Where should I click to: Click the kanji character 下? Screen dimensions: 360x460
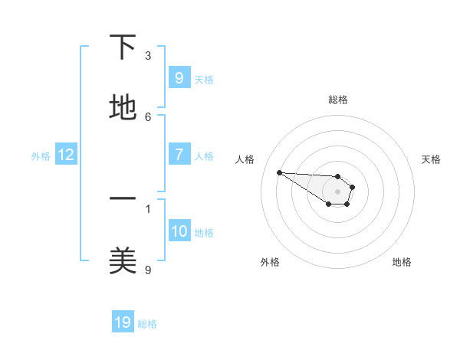click(x=123, y=48)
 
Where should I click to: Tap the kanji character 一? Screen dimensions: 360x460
click(x=123, y=198)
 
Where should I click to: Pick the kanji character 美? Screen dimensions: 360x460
click(x=123, y=260)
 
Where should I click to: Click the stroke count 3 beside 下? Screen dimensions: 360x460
click(x=148, y=55)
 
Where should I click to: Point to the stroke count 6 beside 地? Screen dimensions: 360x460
click(x=148, y=116)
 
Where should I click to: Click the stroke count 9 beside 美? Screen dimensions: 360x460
click(x=148, y=269)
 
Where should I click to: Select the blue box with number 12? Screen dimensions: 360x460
click(x=66, y=155)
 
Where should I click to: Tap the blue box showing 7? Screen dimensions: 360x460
click(x=179, y=155)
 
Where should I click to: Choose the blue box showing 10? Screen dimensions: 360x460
click(x=179, y=232)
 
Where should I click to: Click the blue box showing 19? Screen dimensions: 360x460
click(x=123, y=323)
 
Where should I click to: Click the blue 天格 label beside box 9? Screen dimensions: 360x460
click(x=204, y=79)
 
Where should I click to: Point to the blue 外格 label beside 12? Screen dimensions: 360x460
click(x=41, y=156)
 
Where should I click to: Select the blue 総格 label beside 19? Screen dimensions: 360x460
click(x=147, y=324)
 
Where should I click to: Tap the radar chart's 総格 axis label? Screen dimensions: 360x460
click(x=338, y=100)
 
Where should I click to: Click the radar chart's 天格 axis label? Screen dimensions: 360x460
click(x=431, y=159)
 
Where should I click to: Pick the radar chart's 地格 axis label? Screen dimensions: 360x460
click(x=402, y=262)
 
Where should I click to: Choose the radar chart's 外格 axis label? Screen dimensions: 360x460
click(x=270, y=262)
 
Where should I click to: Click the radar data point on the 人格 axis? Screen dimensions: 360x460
click(x=279, y=172)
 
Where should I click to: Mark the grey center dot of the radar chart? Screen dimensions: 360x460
click(x=337, y=191)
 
